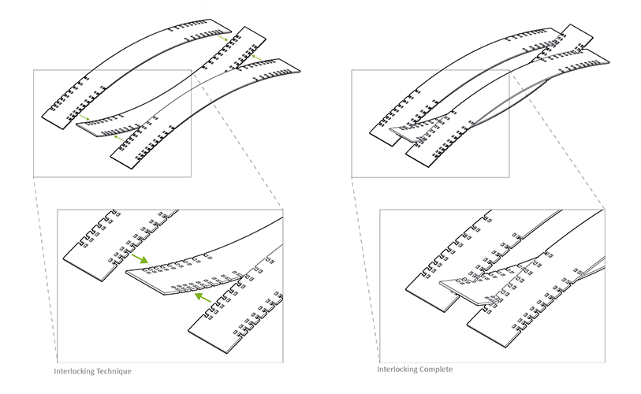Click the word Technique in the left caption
pyautogui.click(x=112, y=371)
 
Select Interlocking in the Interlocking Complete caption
pyautogui.click(x=395, y=370)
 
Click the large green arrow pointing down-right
pyautogui.click(x=140, y=258)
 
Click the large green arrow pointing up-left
pyautogui.click(x=203, y=297)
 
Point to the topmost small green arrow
pyautogui.click(x=222, y=38)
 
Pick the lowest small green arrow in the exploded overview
pyautogui.click(x=118, y=139)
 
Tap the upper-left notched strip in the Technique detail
pyautogui.click(x=118, y=245)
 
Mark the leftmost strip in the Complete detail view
pyautogui.click(x=445, y=262)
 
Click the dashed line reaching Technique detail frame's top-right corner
pyautogui.click(x=237, y=139)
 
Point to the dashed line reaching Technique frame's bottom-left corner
pyautogui.click(x=45, y=269)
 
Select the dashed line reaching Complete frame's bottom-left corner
pyautogui.click(x=366, y=269)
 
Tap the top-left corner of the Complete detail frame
pyautogui.click(x=380, y=210)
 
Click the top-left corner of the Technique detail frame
pyautogui.click(x=58, y=210)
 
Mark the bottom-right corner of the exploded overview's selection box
pyautogui.click(x=192, y=177)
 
